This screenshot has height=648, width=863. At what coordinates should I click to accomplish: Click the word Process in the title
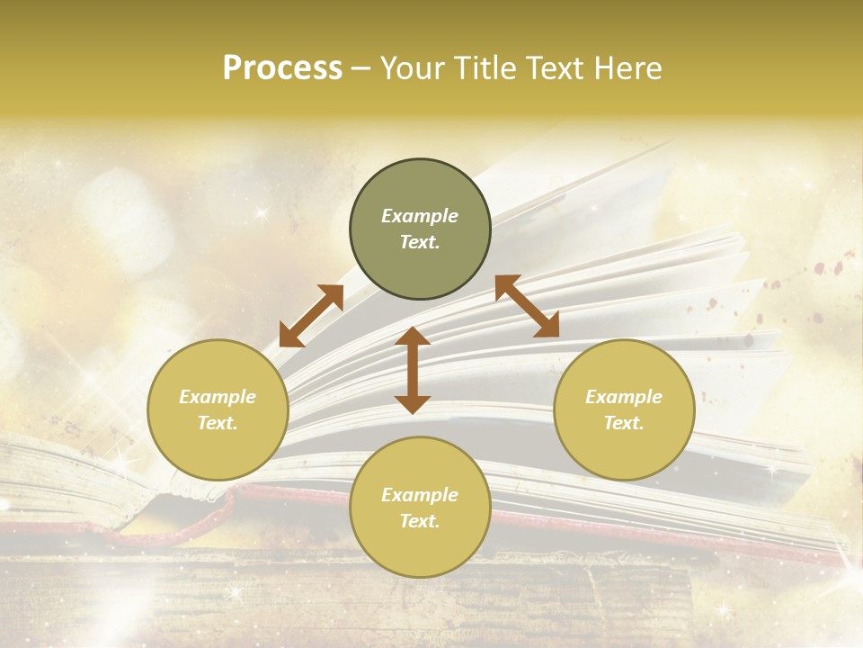coord(282,68)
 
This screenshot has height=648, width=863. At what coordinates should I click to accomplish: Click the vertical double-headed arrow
coord(413,370)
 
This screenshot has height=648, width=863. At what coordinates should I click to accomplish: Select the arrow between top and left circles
coord(311,316)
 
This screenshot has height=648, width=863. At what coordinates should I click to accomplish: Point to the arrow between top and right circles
coord(527,306)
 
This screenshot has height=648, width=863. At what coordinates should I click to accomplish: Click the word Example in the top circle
coord(420,216)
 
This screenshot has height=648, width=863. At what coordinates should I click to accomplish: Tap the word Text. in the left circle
coord(218,423)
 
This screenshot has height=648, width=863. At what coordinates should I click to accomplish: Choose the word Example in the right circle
coord(624,397)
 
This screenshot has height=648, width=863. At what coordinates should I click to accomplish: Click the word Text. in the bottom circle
coord(420,521)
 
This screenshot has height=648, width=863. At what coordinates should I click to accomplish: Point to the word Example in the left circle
coord(218,397)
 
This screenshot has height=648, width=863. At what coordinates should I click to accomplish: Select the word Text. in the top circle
coord(420,242)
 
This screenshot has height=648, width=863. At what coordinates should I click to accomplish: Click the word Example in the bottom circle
coord(420,495)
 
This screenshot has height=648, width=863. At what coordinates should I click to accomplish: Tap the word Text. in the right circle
coord(624,423)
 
